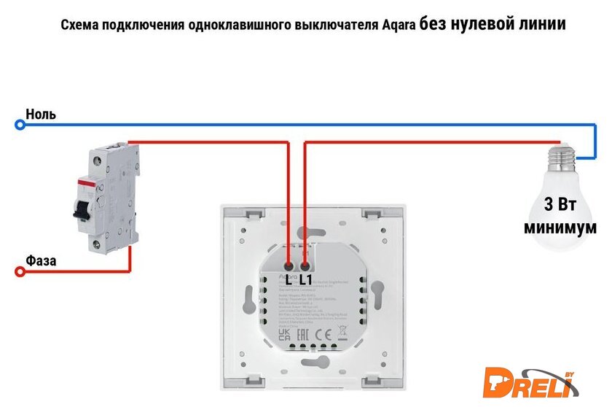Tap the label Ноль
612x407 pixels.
41,115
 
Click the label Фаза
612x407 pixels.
41,260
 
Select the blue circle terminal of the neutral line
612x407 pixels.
20,125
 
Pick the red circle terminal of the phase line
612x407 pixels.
20,271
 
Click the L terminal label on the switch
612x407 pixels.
289,279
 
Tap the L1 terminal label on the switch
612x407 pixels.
306,279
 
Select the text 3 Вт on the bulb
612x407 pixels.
560,204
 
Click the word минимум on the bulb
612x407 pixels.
560,228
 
